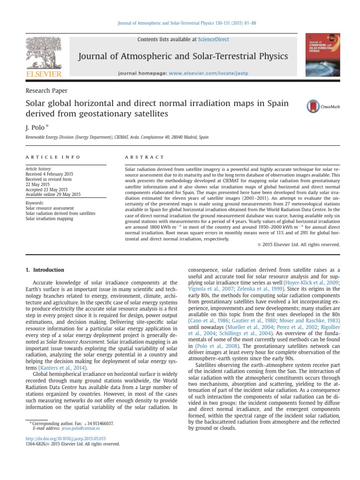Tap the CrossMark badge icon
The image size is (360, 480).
[322, 107]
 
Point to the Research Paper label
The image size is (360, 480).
[46, 90]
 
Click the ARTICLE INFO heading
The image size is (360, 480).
[52, 157]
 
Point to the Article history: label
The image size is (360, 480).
[38, 169]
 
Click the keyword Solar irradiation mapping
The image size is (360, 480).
[50, 218]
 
